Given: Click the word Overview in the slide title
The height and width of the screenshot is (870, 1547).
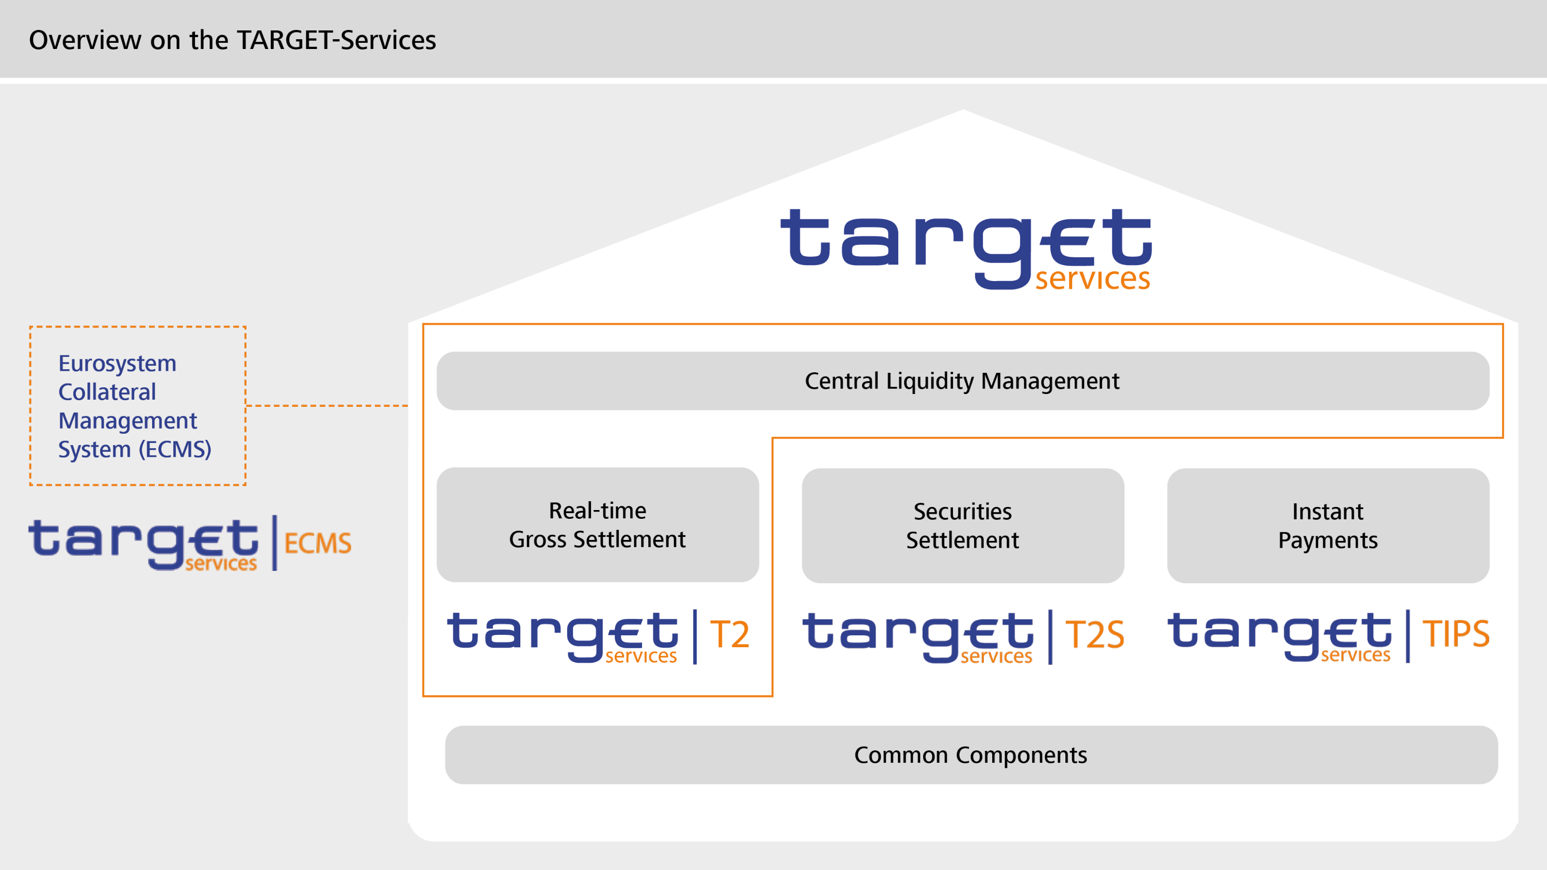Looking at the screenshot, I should tap(85, 40).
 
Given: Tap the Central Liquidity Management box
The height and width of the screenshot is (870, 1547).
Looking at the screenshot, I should tap(962, 381).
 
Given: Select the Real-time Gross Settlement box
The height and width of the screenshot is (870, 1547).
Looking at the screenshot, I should tap(598, 525).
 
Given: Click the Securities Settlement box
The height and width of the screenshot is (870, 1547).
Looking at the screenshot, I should tap(962, 526).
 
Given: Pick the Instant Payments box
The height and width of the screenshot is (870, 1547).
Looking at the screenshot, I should tap(1327, 526).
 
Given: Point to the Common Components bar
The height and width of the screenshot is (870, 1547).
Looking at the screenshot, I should tap(971, 754).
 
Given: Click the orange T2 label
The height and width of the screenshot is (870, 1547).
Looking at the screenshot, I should tap(730, 635).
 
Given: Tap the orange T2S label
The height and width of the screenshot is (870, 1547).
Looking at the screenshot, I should tap(1094, 635).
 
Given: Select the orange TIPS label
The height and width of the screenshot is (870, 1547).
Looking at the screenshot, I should tap(1456, 633).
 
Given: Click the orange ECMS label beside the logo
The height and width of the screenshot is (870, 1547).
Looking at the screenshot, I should tap(318, 544).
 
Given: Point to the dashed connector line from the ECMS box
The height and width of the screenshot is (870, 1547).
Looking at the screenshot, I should tap(327, 406).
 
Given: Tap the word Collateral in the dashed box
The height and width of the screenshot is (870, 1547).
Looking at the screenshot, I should tap(107, 392).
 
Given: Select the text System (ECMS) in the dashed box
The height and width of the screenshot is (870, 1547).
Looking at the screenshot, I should tap(135, 449).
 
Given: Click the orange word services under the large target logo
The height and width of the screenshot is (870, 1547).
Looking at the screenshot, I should tap(1092, 279).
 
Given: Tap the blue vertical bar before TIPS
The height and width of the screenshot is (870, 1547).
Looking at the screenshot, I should tap(1408, 636).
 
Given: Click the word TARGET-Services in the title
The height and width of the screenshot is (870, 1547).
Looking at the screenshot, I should tap(336, 40).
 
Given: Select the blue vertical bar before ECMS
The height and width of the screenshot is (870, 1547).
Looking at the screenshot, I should tap(274, 542).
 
